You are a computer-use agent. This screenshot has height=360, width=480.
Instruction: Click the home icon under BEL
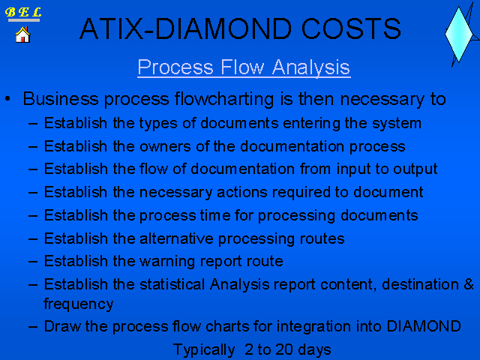22,34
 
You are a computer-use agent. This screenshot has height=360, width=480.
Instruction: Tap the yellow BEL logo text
23,12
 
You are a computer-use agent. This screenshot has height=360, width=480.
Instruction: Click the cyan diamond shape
458,34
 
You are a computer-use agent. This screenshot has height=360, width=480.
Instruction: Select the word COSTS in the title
351,28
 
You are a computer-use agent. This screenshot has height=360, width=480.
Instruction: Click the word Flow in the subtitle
242,67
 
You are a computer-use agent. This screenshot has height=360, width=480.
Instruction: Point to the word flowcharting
224,99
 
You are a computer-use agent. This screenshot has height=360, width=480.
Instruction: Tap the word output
415,169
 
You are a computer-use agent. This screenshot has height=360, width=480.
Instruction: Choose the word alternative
176,238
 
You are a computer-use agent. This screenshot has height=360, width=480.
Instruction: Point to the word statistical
172,284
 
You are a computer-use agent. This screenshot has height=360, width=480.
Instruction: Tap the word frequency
79,304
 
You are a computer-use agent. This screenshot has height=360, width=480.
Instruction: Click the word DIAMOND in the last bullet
424,326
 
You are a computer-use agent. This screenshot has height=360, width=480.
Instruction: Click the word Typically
204,349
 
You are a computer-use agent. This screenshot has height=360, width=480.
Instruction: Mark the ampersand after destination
469,284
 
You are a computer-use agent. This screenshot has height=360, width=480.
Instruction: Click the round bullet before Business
7,98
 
